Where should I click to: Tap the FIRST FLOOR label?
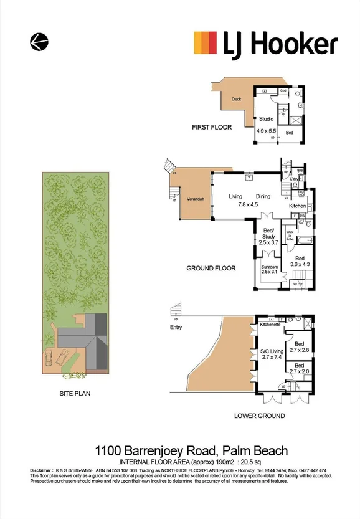(x=211, y=127)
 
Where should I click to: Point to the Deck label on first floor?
(x=236, y=99)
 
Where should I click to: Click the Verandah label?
(x=196, y=199)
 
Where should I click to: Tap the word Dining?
(x=262, y=197)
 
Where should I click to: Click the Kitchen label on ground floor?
(x=297, y=206)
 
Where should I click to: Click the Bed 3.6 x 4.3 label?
(x=299, y=262)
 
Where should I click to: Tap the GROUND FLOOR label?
(x=211, y=269)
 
